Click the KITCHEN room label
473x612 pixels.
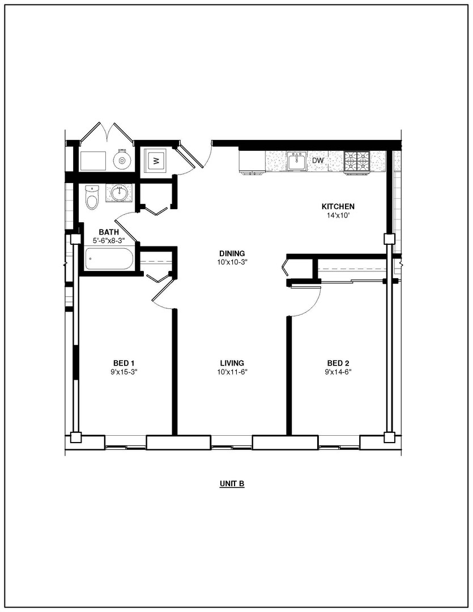coord(338,206)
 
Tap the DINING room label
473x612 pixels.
coord(232,254)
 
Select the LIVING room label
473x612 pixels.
coord(232,363)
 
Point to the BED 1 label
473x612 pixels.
coord(124,363)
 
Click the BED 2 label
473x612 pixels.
coord(338,363)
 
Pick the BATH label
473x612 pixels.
coord(109,232)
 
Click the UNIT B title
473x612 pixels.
coord(232,484)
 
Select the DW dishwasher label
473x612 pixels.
coord(318,160)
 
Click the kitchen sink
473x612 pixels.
coord(297,161)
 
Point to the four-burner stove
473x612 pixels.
coord(357,161)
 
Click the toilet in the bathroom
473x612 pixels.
coord(92,197)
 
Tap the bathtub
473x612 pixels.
coord(109,259)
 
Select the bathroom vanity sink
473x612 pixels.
coord(117,193)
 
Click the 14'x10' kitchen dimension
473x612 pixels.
coord(338,215)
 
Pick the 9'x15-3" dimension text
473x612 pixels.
coord(124,372)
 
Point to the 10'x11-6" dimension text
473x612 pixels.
coord(232,372)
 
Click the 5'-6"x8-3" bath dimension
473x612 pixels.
coord(109,241)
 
